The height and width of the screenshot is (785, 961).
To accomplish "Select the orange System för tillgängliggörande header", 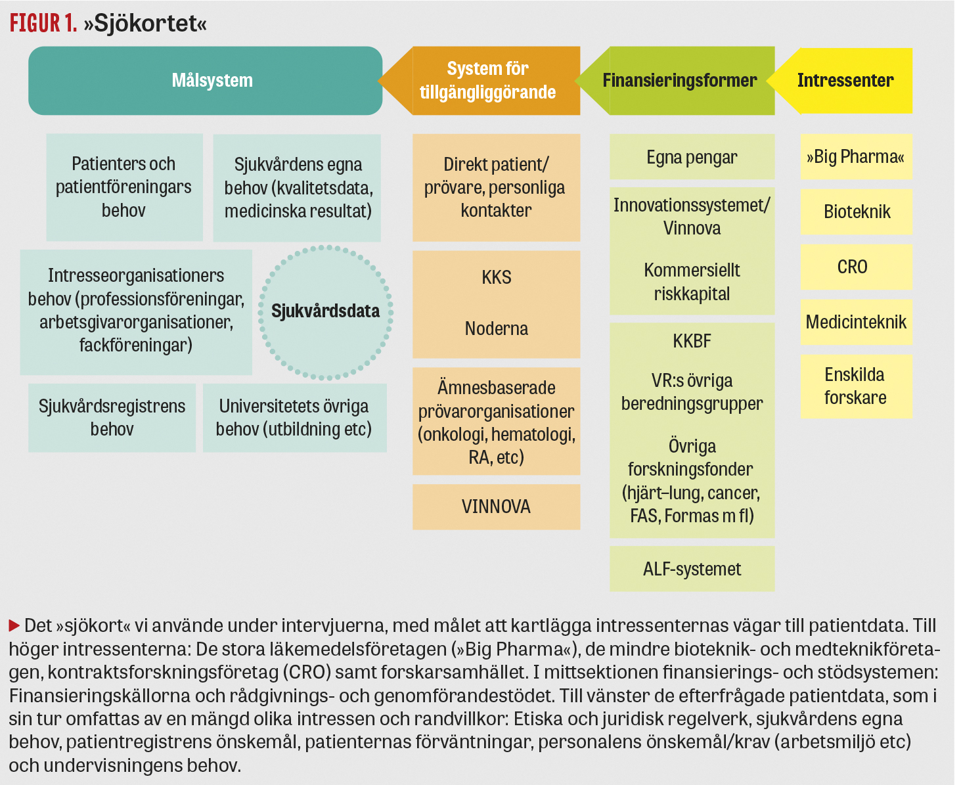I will [487, 81].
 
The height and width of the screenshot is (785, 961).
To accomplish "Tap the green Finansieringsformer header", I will [679, 81].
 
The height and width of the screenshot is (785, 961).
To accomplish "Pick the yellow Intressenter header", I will [845, 81].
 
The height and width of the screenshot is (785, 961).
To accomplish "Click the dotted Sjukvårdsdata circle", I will [326, 311].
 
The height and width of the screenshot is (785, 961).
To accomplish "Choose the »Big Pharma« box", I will [856, 157].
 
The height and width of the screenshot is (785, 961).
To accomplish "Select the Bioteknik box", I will [856, 212].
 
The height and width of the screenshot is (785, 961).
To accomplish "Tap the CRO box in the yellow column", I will [856, 267].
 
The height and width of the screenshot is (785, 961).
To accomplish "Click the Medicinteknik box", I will [856, 323].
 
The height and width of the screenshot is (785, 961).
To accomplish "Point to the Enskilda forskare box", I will [856, 386].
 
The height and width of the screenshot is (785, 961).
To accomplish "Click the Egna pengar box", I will [692, 158].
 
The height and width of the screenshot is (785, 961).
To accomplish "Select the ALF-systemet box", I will [692, 569].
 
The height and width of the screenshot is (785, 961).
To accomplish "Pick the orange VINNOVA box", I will [496, 507].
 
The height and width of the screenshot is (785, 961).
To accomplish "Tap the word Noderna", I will [496, 328].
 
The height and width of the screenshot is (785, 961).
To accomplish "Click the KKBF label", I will [692, 342].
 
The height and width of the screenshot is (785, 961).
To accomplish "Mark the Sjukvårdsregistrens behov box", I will [112, 418].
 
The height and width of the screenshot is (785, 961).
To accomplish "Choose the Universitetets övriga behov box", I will [294, 418].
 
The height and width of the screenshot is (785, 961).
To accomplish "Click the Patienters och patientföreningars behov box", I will [124, 187].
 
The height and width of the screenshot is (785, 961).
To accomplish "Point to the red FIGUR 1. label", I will [43, 24].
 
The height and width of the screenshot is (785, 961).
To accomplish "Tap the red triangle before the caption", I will [14, 625].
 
